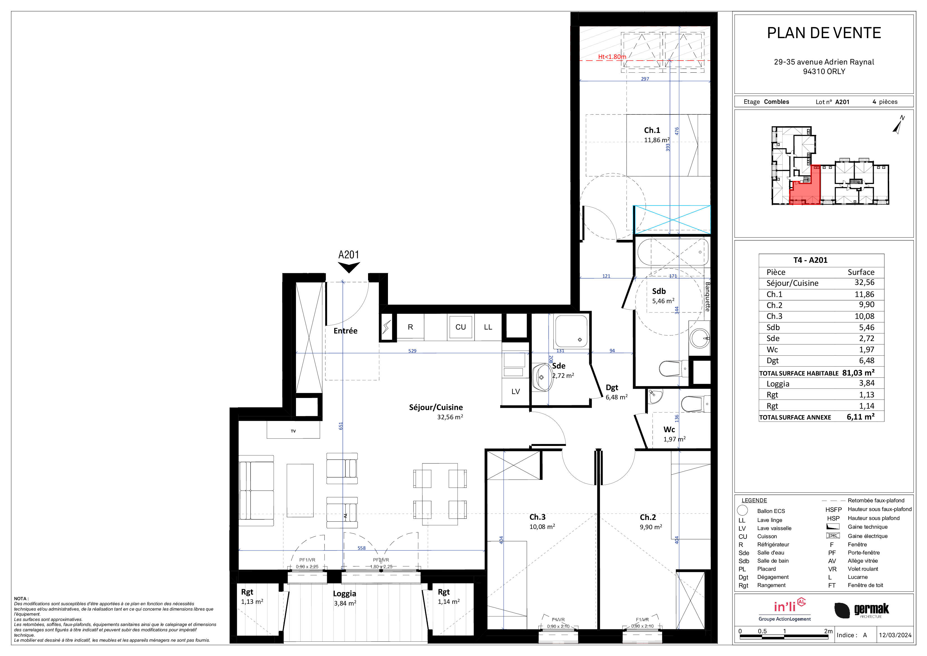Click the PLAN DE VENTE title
click(824, 33)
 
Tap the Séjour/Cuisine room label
click(436, 407)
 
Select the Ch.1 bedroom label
click(652, 130)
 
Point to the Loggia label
click(345, 593)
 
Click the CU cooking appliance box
click(461, 327)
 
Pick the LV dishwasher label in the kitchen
click(515, 392)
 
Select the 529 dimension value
click(412, 351)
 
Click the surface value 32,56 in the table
click(864, 282)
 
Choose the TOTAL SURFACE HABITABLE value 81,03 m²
click(858, 372)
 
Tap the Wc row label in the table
click(772, 349)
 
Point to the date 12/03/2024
click(895, 635)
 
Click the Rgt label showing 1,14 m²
click(448, 597)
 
